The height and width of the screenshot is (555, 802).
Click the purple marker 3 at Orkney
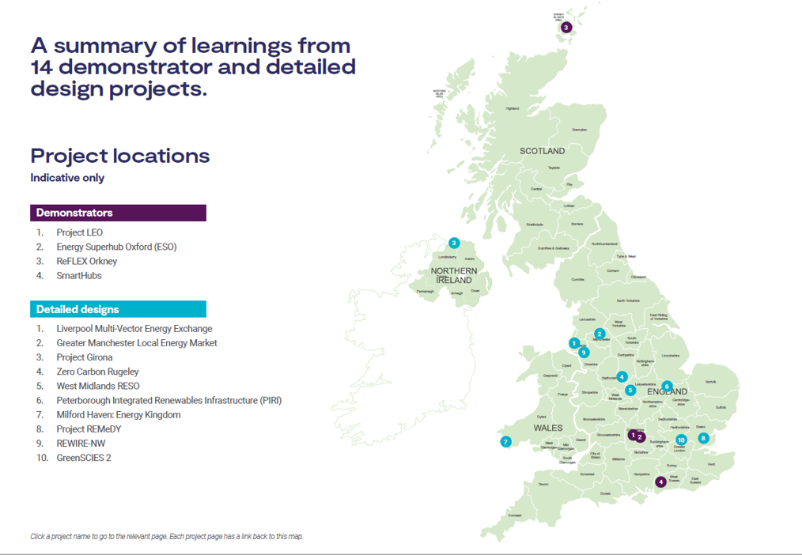[x=566, y=28]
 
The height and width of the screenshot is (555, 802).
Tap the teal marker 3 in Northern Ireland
[x=454, y=244]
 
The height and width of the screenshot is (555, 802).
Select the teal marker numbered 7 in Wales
[x=505, y=442]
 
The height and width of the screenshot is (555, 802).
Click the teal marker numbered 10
[x=681, y=440]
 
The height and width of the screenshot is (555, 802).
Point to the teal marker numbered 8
[x=703, y=438]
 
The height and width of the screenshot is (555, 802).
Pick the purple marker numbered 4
[x=660, y=481]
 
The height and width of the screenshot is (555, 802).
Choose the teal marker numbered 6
[x=667, y=387]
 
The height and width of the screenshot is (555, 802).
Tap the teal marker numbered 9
[x=584, y=353]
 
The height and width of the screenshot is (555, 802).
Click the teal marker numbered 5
[x=630, y=390]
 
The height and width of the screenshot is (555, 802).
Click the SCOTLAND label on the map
[x=542, y=151]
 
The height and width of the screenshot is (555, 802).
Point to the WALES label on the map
[x=547, y=428]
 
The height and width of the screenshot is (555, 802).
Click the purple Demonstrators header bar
[x=118, y=213]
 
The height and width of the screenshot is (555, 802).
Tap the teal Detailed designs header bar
[x=118, y=309]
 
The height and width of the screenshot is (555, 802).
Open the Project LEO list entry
[x=79, y=232]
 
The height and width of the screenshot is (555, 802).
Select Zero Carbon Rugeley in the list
[x=97, y=372]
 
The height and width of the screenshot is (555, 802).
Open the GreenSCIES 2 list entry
[x=83, y=458]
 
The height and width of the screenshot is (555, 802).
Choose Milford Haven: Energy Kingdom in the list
[x=118, y=415]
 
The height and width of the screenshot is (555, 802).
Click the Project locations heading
[x=120, y=155]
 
